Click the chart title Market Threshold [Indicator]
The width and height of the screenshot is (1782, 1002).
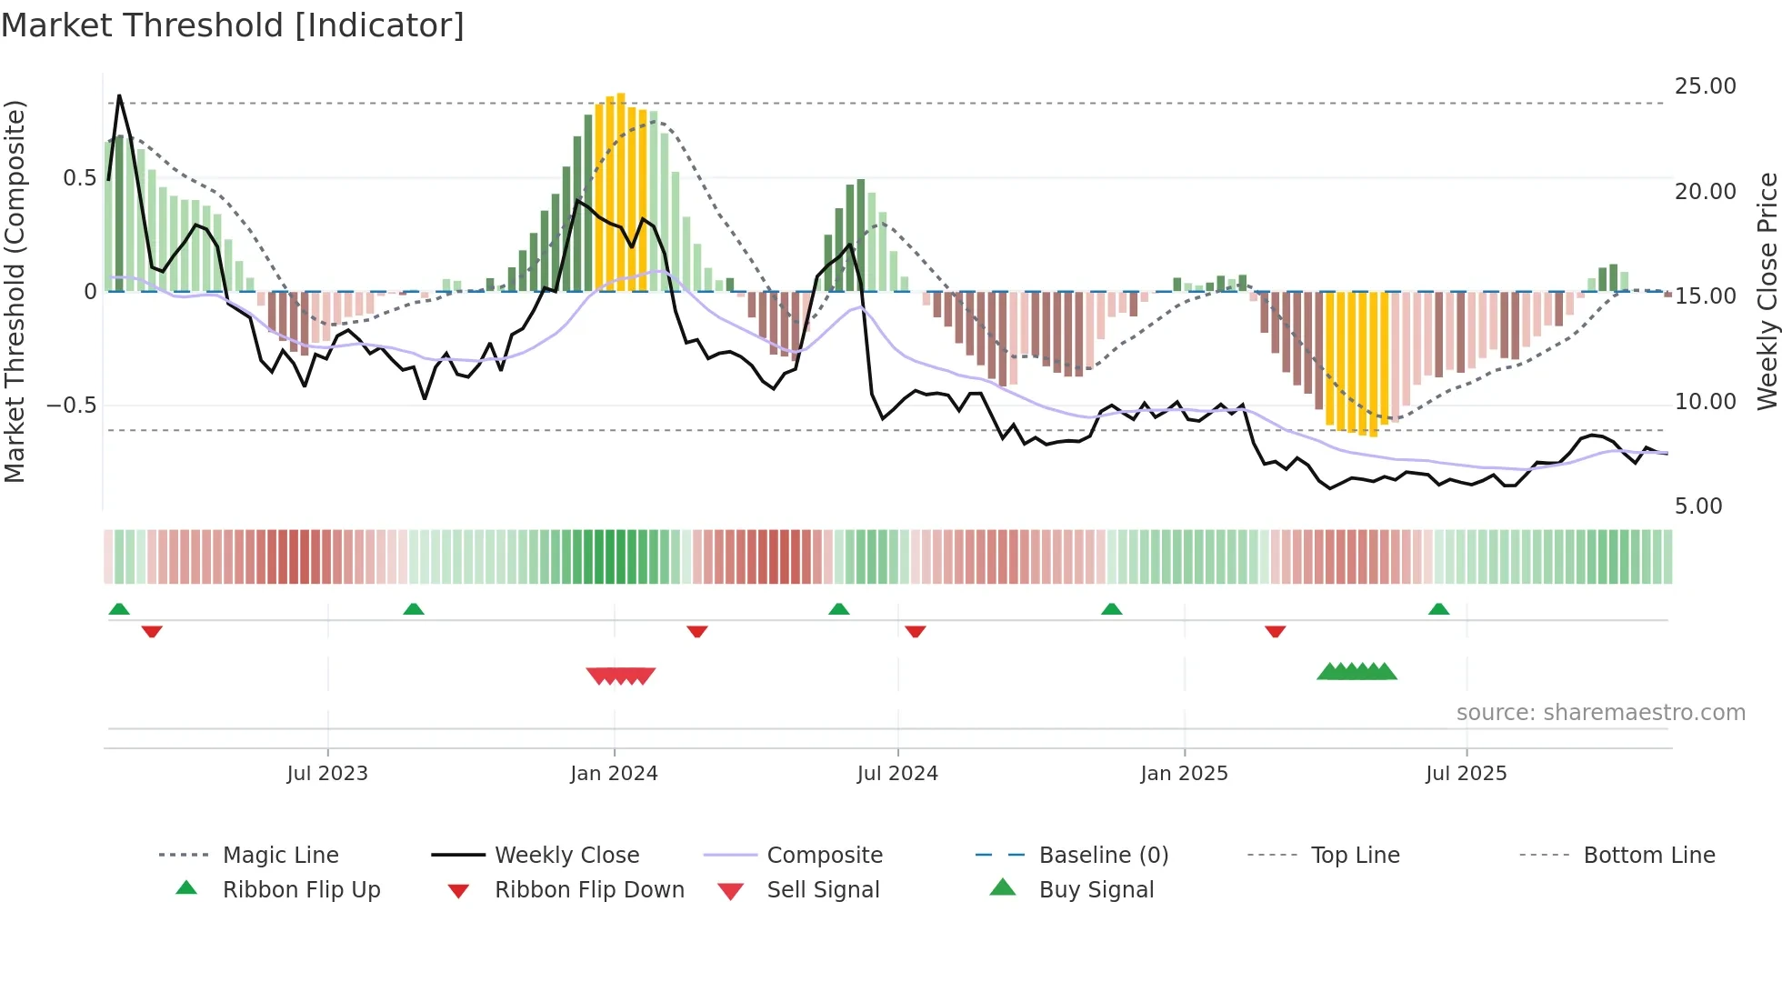233,25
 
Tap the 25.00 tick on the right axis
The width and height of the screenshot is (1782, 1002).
1705,86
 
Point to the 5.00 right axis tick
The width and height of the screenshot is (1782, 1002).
1697,506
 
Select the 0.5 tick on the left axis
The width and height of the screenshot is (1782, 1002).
80,178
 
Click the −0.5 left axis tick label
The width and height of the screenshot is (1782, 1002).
72,406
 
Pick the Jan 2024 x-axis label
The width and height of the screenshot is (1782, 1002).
614,774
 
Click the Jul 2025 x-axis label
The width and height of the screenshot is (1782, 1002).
1466,774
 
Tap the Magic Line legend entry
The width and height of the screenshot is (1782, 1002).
280,856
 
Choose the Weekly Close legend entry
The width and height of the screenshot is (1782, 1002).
566,856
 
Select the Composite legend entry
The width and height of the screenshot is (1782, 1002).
824,856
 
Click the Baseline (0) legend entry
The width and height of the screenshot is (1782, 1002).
1103,856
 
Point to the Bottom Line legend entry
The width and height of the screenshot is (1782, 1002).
1648,856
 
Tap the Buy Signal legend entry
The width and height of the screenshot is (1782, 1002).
1096,890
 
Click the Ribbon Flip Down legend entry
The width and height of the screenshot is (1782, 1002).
588,890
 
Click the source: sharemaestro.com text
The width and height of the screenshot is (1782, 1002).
1600,713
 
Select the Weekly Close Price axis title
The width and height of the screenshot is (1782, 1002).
1767,291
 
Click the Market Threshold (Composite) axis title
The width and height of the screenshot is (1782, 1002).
15,291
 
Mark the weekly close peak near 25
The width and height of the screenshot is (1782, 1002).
119,95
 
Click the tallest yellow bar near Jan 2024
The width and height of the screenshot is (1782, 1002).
621,191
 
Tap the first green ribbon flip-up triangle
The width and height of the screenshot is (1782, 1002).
119,609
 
